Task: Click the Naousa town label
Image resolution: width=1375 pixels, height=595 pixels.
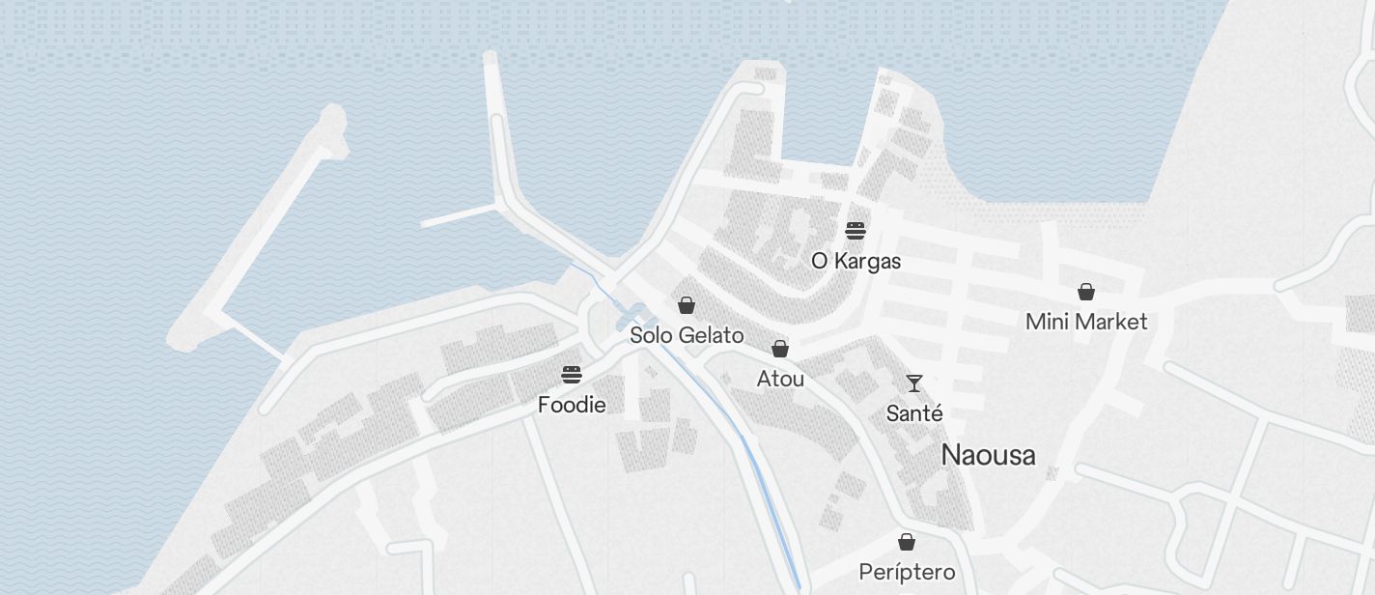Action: pos(988,455)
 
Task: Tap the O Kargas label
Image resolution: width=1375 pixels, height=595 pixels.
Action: pos(856,261)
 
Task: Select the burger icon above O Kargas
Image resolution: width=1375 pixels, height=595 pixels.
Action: pos(856,230)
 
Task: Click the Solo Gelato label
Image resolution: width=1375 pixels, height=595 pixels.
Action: pos(687,335)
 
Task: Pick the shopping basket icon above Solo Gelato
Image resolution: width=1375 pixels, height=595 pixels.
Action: pos(687,306)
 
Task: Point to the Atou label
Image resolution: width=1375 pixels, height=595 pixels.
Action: pos(780,379)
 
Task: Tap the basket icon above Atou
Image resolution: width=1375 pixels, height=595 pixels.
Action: pos(780,349)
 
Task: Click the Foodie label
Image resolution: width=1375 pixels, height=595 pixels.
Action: pos(572,405)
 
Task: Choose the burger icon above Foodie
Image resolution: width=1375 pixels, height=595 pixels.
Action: pos(572,375)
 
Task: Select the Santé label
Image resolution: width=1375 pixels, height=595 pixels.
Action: pos(914,413)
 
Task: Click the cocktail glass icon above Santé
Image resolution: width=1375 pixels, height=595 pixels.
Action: pos(914,383)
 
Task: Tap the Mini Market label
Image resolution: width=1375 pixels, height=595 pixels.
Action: pos(1086,322)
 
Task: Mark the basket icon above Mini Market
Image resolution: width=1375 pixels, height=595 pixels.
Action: pos(1086,292)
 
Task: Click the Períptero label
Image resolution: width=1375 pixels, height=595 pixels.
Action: pos(907,572)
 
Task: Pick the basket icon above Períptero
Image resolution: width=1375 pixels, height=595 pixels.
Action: pos(907,542)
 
